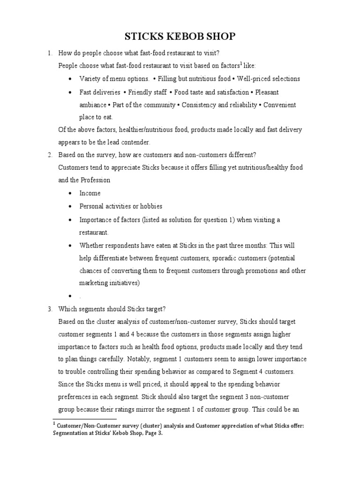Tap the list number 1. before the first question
[50, 53]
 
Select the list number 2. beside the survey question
[50, 155]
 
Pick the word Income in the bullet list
[90, 193]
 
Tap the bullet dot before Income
[70, 194]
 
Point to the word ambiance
[93, 105]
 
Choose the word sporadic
[222, 258]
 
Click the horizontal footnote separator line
[84, 419]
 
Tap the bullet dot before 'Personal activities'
[70, 207]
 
